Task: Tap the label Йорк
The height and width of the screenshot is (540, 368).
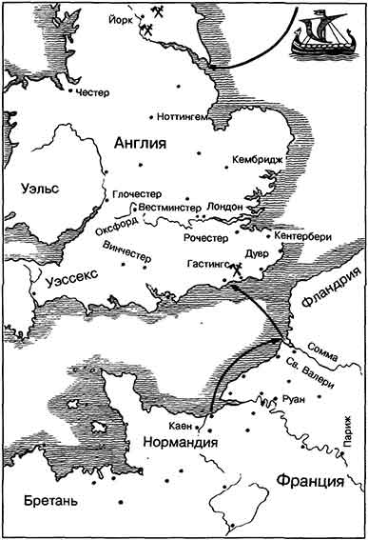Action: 119,17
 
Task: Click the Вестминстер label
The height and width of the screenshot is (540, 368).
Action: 168,206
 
